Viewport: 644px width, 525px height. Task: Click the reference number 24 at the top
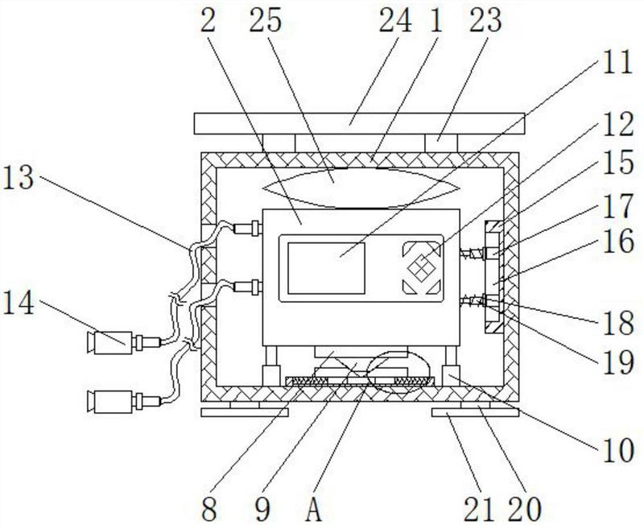[x=394, y=21]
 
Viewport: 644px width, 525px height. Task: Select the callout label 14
[x=18, y=304]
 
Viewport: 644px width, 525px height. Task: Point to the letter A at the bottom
[x=314, y=509]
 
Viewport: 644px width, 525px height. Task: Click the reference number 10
[x=618, y=451]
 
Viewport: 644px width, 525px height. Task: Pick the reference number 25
[x=266, y=21]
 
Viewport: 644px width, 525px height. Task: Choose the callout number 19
[x=618, y=362]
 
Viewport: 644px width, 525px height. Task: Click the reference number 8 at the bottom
[x=209, y=509]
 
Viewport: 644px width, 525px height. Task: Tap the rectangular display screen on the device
[x=326, y=268]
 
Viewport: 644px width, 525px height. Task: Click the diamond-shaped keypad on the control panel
[x=421, y=269]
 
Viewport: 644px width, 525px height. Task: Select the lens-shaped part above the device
[x=361, y=188]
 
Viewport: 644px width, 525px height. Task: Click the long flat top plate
[x=359, y=124]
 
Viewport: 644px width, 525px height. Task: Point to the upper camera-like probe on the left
[x=124, y=342]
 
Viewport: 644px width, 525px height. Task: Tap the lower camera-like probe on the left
[x=124, y=402]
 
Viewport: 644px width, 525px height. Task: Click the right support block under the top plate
[x=440, y=143]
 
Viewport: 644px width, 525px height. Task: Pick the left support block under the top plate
[x=279, y=143]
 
